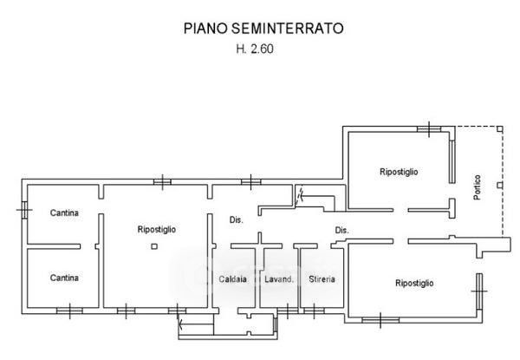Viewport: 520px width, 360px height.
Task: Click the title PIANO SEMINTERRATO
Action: [263, 29]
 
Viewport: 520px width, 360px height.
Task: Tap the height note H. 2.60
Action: [255, 49]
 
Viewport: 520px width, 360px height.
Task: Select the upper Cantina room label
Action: [64, 213]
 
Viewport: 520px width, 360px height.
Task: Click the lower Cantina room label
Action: [64, 278]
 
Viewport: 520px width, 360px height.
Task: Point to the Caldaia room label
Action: [233, 279]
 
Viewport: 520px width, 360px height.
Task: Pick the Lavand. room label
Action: [279, 279]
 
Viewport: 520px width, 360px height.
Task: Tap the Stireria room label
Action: [322, 279]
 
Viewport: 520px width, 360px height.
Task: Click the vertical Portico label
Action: [478, 187]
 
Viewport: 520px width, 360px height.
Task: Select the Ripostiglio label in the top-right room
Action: [399, 172]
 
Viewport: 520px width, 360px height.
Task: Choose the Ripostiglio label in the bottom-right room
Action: [414, 284]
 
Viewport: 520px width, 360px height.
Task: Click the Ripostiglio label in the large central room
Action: [157, 229]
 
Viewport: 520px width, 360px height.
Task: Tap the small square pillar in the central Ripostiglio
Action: [154, 246]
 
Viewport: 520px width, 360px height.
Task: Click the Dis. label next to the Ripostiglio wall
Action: [237, 219]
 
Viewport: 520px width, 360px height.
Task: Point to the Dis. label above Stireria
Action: [342, 230]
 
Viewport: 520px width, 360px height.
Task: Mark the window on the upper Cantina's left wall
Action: [24, 210]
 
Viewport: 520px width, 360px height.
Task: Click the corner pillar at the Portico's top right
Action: [500, 129]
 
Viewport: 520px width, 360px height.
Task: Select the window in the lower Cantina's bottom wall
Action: [69, 311]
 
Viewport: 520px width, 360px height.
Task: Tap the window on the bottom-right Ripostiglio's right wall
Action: [479, 291]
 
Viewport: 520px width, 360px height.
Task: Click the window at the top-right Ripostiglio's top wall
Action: [429, 129]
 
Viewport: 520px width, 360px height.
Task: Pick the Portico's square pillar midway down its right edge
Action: [500, 185]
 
